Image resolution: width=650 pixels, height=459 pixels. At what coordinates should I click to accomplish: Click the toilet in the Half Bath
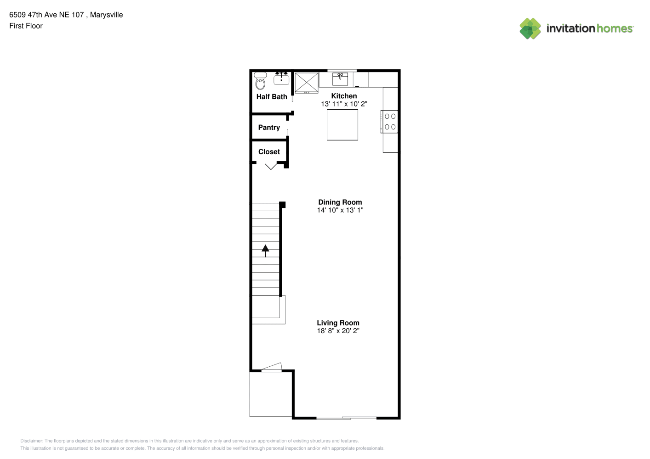260,81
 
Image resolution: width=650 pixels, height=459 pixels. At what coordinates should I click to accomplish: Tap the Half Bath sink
281,78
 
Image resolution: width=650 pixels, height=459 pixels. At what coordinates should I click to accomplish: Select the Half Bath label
272,97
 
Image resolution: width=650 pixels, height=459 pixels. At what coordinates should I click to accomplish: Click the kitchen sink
340,79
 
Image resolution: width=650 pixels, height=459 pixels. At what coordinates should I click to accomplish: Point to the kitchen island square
342,124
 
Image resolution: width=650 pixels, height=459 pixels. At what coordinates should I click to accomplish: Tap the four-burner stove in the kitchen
389,122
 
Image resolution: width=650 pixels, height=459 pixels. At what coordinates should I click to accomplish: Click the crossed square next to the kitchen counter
307,83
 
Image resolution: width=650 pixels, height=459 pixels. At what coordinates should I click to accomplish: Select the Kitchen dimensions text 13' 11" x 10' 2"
344,104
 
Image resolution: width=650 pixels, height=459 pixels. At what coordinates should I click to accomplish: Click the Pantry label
269,128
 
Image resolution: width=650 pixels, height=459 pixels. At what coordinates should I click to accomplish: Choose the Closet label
269,152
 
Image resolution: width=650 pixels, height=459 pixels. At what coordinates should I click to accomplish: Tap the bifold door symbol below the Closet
271,167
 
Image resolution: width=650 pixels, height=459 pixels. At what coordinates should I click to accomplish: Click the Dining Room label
340,202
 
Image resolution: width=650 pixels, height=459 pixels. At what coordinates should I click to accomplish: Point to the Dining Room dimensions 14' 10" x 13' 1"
340,210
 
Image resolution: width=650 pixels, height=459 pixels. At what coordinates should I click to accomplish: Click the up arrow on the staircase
265,251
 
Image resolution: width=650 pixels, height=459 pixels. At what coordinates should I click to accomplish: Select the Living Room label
338,323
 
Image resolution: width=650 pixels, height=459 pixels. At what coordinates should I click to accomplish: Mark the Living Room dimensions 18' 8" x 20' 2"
338,330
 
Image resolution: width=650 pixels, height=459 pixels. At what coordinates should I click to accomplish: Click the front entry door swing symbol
272,367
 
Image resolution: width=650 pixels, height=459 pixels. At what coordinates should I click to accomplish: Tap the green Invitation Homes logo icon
530,28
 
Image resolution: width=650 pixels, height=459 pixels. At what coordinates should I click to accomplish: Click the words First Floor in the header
26,26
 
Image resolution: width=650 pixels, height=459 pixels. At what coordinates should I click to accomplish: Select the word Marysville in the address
106,15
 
